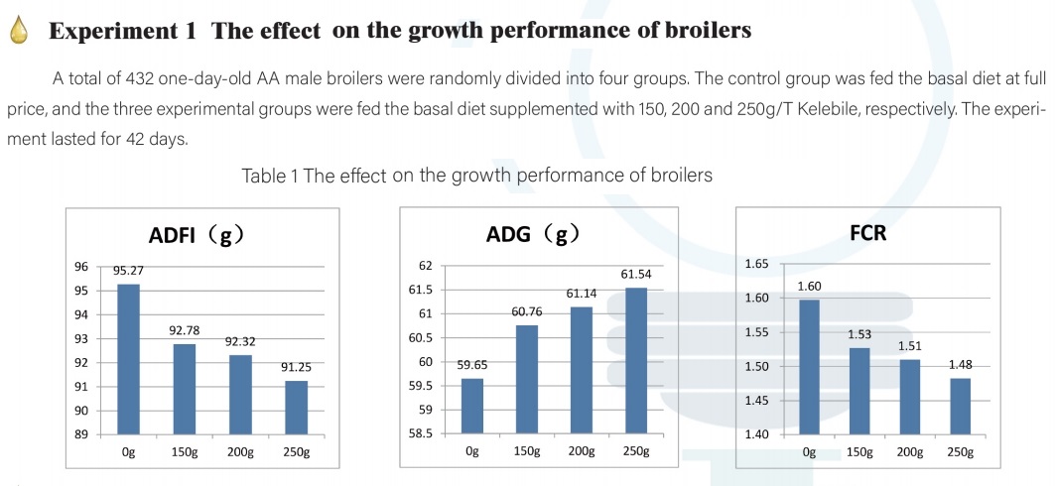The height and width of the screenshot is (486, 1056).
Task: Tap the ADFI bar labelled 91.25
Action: tap(295, 408)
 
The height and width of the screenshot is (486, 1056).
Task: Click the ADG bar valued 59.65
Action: tap(471, 407)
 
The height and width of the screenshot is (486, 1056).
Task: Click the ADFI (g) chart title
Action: tap(190, 236)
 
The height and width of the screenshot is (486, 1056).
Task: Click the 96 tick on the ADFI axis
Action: tap(81, 267)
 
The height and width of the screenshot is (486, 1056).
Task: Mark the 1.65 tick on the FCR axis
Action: tap(756, 264)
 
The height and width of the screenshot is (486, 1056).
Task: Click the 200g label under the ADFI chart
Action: tap(241, 453)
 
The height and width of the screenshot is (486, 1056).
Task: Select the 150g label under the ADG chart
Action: tap(526, 453)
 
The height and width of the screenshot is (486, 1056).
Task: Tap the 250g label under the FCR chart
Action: tap(960, 453)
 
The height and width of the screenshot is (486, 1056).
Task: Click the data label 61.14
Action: tap(580, 295)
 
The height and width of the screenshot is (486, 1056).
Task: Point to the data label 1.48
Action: tap(960, 364)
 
